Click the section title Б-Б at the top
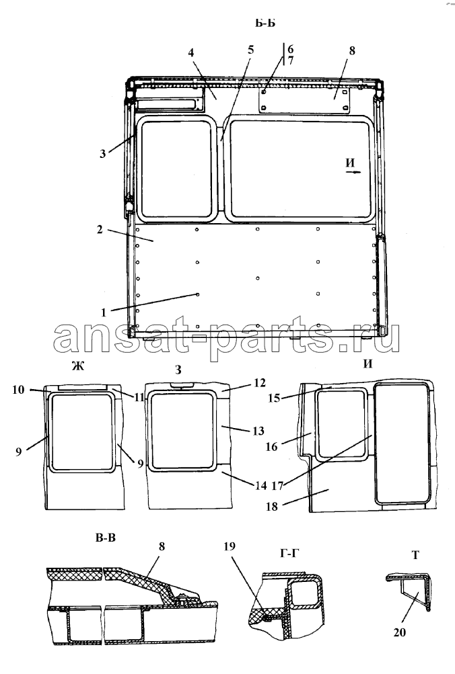pos(265,23)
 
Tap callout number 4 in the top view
pos(190,52)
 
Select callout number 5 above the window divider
pos(250,50)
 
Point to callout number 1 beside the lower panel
pos(103,312)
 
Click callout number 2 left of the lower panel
pos(100,230)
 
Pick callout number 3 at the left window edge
pos(102,153)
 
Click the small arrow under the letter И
pos(353,172)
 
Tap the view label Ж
pos(78,366)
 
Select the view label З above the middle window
pos(178,370)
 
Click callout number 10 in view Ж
pos(18,390)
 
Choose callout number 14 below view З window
pos(261,485)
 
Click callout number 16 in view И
pos(271,447)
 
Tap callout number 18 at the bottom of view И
pos(272,507)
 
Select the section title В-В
pos(106,538)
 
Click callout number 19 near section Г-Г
pos(230,546)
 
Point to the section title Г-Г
pos(289,553)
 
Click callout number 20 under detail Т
pos(399,632)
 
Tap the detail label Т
pos(415,555)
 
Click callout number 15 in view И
pos(274,398)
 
